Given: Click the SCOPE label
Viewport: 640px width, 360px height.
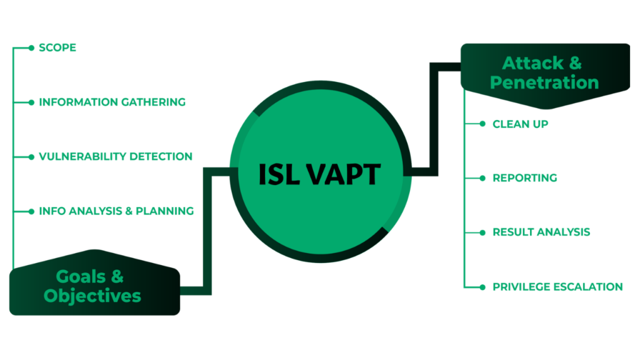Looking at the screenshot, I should coord(57,47).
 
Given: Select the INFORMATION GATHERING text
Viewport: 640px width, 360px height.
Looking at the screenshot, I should coord(112,102).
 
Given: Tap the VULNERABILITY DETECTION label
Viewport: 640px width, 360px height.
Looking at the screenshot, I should coord(116,156).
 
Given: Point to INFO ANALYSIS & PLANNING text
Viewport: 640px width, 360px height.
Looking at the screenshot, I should coord(116,211).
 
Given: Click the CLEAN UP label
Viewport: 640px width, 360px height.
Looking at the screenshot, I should coord(520,124).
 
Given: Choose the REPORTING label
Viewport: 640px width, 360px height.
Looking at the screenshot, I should coord(524,178).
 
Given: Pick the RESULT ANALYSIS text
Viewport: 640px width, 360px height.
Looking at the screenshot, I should coord(541,232).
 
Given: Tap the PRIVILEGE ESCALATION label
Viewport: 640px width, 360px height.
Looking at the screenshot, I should coord(557,287).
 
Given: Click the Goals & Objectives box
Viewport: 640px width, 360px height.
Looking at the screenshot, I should coord(94,287).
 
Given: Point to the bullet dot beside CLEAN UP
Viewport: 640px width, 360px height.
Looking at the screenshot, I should coord(482,124).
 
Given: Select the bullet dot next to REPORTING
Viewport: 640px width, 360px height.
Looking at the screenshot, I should coord(482,178).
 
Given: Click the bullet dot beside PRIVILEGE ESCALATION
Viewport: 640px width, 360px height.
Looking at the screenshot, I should coord(482,287).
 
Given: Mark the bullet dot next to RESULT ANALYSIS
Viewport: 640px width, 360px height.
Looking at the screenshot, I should coord(482,232).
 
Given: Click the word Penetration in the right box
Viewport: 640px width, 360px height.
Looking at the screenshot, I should coord(544,82).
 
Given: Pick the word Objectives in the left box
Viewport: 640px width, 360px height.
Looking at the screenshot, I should coord(92,296).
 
